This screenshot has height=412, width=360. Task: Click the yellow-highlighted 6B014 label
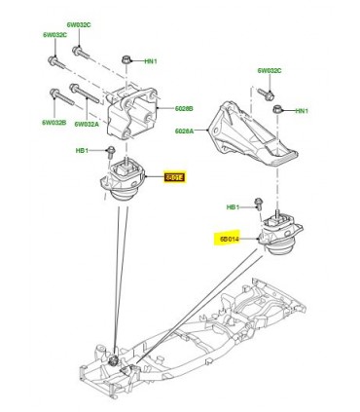231,237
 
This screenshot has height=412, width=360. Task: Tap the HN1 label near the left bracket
151,60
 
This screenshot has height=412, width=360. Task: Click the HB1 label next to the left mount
83,151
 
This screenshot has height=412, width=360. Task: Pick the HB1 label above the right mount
233,207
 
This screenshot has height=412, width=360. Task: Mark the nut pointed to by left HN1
127,62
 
